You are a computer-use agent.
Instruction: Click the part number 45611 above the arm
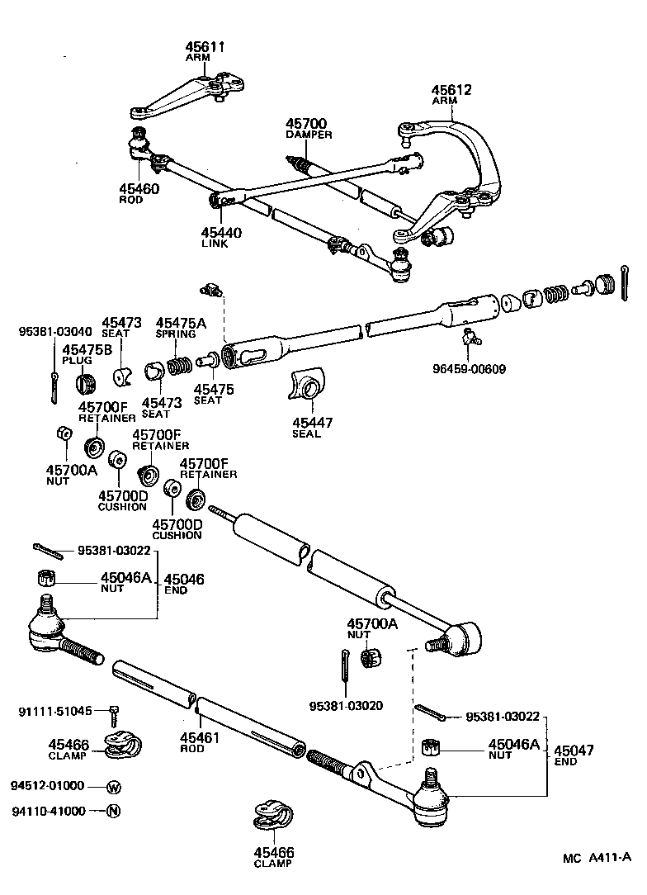point(205,48)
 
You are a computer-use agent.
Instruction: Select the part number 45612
point(451,90)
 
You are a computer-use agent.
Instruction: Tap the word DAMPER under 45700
point(309,135)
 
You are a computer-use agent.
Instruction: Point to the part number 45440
point(221,233)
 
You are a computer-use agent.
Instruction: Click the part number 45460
point(138,188)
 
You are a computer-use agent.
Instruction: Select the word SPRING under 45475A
point(176,334)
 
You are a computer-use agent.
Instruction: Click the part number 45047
point(574,751)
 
